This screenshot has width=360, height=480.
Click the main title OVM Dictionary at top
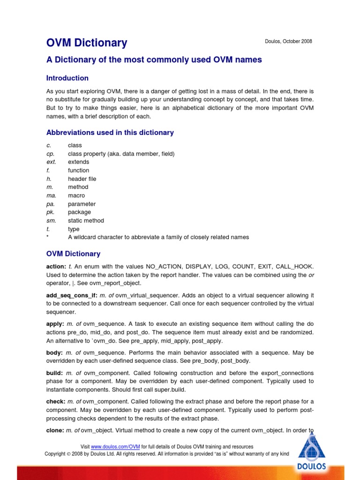(x=87, y=43)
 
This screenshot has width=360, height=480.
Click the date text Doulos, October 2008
(x=288, y=42)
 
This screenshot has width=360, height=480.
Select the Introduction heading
(x=67, y=78)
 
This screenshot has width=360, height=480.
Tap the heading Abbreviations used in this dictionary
(x=110, y=133)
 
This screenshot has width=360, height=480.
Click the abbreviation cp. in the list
(x=51, y=154)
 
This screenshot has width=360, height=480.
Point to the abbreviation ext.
(x=51, y=162)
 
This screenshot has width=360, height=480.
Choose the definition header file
(x=82, y=179)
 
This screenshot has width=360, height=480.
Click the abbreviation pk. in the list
(x=51, y=212)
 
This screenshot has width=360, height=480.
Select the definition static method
(x=86, y=221)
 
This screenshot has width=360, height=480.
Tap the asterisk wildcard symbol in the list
(x=48, y=237)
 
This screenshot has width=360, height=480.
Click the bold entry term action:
(x=56, y=266)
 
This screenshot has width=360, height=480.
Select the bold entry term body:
(x=55, y=352)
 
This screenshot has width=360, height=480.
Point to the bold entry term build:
(x=55, y=373)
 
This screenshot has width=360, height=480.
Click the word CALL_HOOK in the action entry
(x=297, y=266)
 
